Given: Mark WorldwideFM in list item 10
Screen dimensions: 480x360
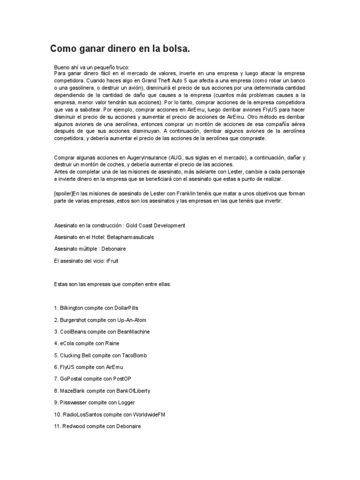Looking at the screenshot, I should click(148, 414).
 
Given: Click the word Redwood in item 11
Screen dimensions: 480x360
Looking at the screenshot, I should click(73, 426).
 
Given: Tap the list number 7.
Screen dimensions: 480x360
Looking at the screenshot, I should click(56, 379).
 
